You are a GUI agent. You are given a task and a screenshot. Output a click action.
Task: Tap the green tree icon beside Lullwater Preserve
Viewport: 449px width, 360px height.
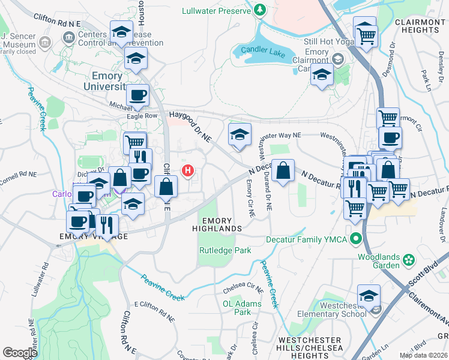(259, 10)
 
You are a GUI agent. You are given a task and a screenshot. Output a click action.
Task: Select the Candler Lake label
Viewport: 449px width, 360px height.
(264, 53)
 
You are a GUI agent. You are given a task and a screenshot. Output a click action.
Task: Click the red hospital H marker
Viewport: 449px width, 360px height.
(188, 171)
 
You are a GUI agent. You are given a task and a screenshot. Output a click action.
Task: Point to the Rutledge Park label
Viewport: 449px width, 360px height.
(224, 250)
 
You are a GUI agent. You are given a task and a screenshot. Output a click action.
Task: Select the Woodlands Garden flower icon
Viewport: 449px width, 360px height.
(409, 260)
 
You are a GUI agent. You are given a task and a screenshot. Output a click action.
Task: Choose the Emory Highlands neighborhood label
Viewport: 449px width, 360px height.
(217, 224)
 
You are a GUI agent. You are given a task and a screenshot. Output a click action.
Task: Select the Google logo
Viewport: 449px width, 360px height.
(20, 353)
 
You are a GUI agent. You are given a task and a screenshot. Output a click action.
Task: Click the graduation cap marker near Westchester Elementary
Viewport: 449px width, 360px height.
(369, 296)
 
